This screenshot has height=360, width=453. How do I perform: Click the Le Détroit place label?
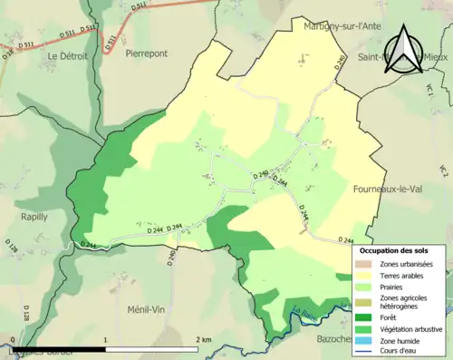tap(66, 56)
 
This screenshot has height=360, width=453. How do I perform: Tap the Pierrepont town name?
tap(147, 54)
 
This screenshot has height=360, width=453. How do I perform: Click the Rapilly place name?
tap(35, 217)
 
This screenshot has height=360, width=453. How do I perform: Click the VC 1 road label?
tap(445, 92)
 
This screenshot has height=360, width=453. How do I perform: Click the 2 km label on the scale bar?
tap(204, 339)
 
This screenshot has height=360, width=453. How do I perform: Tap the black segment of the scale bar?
tap(59, 348)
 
